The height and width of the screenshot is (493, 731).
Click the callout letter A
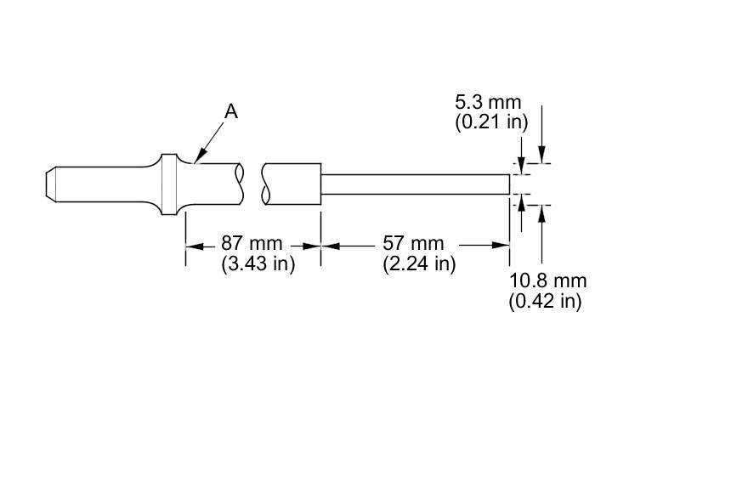[x=231, y=112]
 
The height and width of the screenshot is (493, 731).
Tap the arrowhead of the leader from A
[x=199, y=158]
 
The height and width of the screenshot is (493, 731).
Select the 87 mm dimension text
[x=252, y=243]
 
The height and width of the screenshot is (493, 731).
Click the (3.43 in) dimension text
[x=258, y=264]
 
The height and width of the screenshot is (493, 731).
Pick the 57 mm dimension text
[x=413, y=243]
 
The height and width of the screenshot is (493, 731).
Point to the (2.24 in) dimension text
[x=419, y=264]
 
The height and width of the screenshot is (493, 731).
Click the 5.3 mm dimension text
[x=488, y=102]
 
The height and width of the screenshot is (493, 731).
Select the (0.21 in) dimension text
[x=492, y=122]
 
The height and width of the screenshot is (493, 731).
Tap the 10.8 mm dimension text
[x=547, y=280]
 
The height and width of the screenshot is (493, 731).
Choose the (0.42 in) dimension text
[x=546, y=301]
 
